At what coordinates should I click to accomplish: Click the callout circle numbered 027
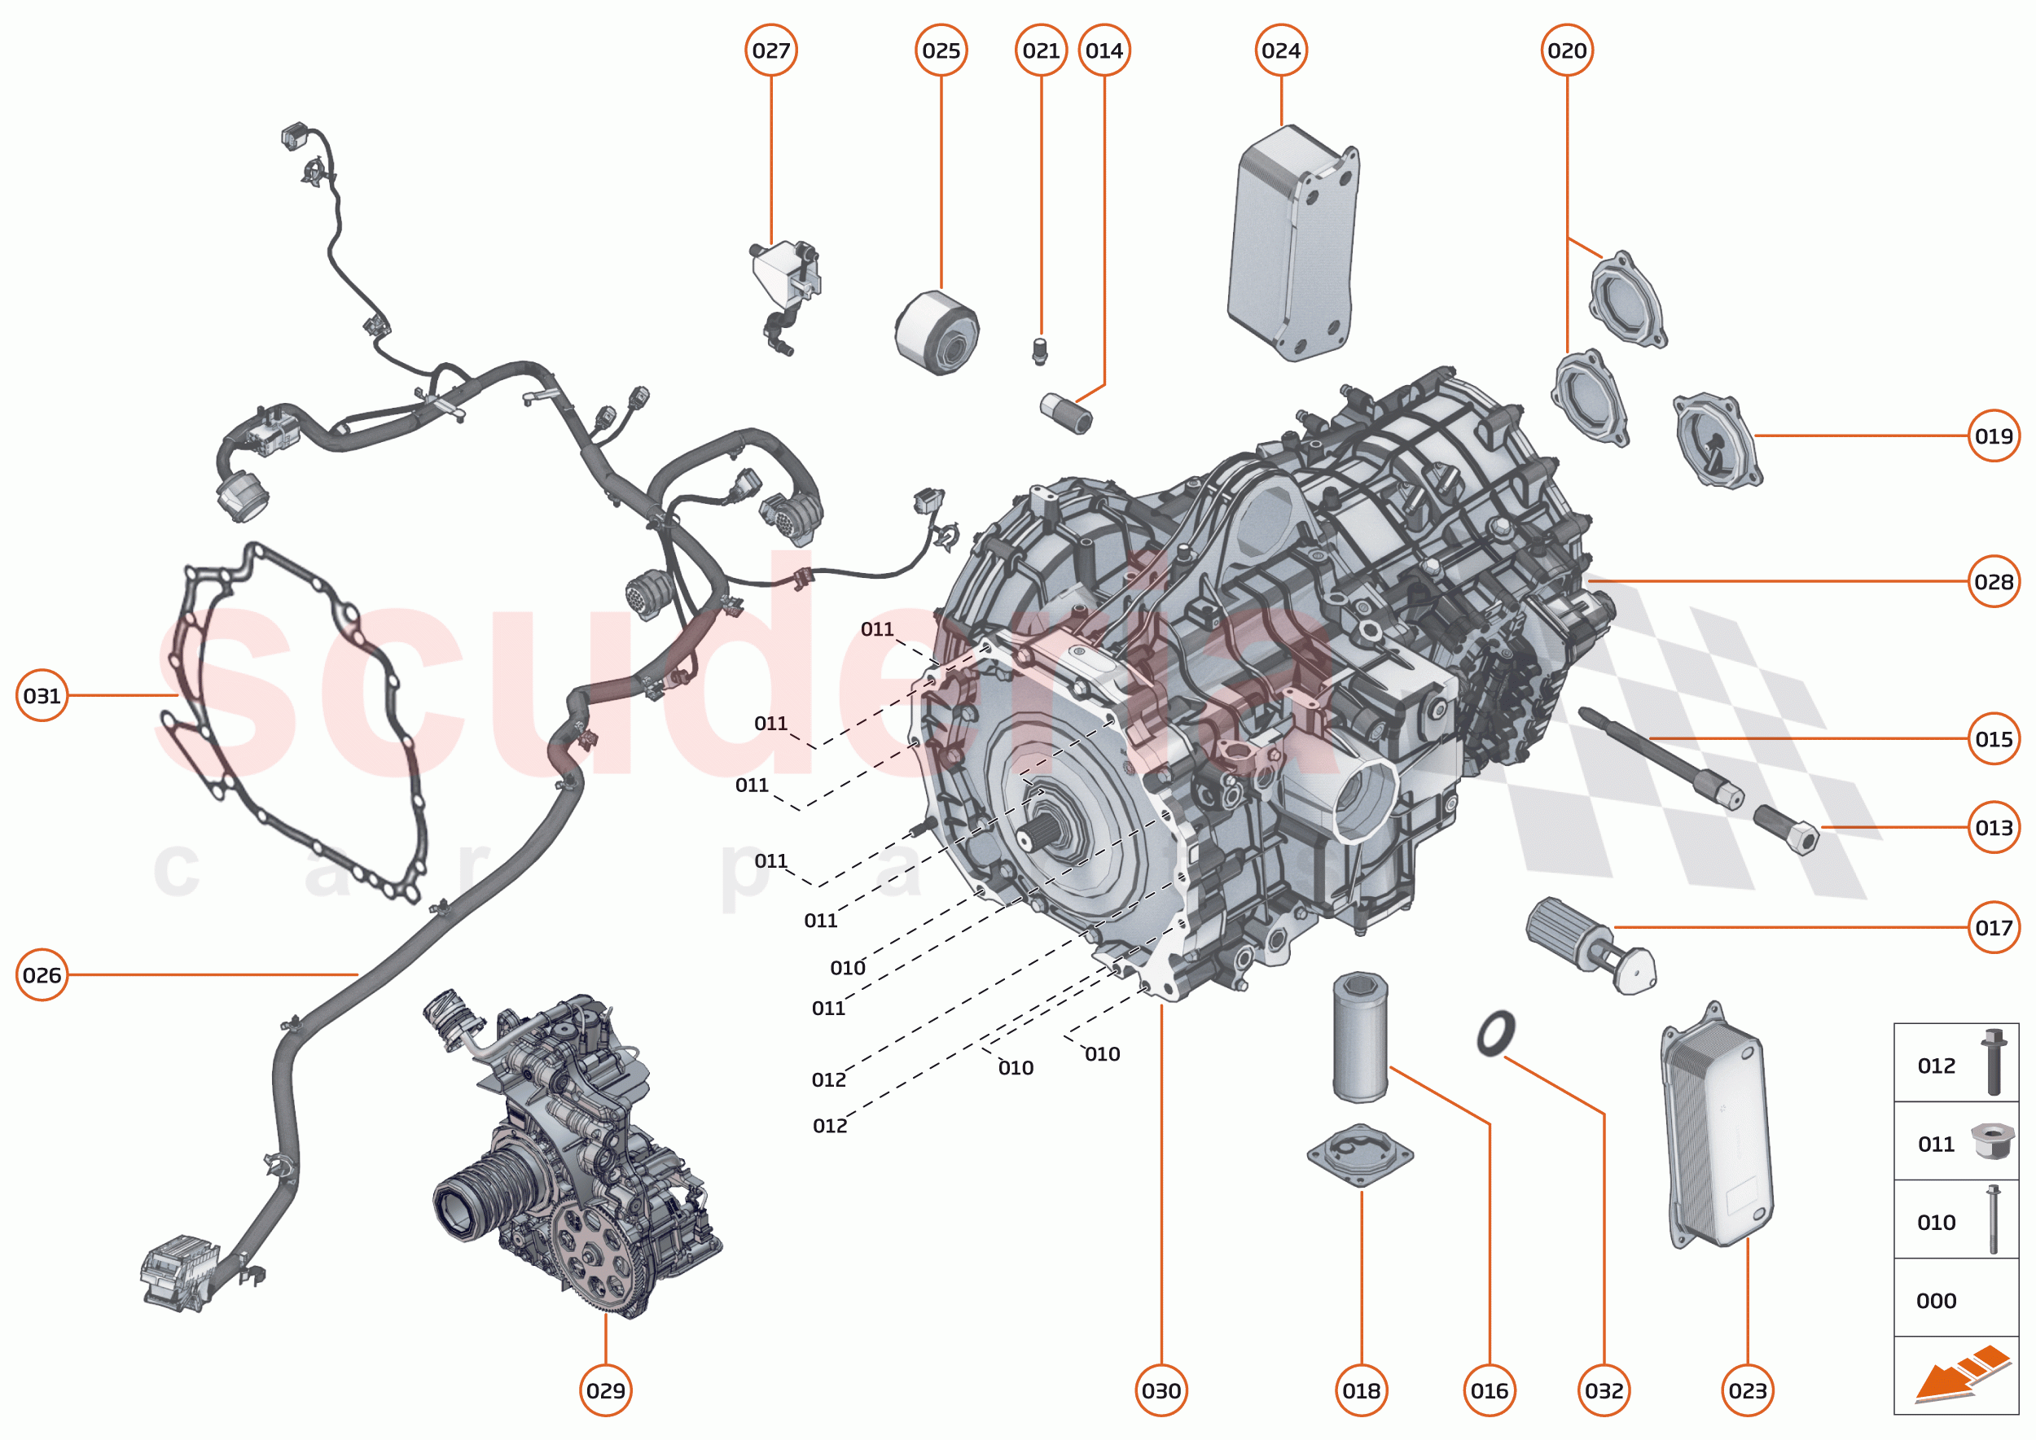click(x=770, y=50)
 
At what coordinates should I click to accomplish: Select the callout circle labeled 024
click(x=1280, y=50)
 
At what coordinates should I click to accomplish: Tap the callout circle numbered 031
click(x=42, y=695)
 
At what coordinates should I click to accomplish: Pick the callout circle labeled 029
click(x=605, y=1390)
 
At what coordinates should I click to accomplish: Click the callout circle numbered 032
click(x=1603, y=1390)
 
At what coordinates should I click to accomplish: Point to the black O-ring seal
click(x=1496, y=1033)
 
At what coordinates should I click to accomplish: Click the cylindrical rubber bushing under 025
click(x=936, y=334)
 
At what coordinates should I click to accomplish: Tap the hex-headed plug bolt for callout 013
click(x=1786, y=828)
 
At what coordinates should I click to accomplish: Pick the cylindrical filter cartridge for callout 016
click(x=1359, y=1037)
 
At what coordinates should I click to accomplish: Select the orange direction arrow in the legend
click(x=1960, y=1377)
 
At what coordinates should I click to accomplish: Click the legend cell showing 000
click(x=1955, y=1300)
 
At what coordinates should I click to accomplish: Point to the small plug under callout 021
click(x=1040, y=350)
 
